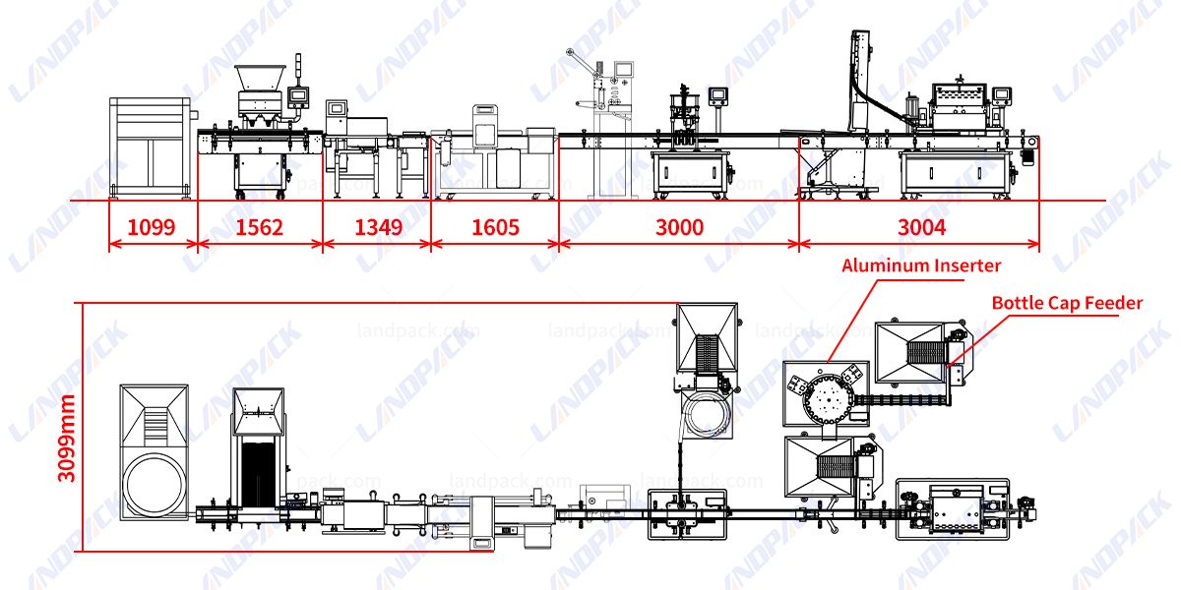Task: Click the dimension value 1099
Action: coord(152,228)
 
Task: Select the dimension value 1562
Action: coord(260,228)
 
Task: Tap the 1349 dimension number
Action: coord(378,228)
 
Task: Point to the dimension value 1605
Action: coord(495,228)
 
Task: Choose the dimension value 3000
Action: coord(679,228)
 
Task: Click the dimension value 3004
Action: coord(921,228)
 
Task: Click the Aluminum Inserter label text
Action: coord(920,265)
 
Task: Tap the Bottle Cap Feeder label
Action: coord(1067,303)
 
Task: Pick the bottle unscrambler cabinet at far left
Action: coord(147,147)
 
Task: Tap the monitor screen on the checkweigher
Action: coord(338,109)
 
